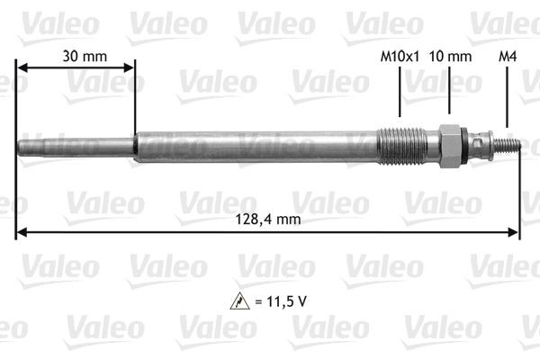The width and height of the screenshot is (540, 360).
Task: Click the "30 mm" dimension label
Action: click(x=85, y=56)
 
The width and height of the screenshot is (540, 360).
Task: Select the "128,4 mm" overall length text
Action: click(x=270, y=219)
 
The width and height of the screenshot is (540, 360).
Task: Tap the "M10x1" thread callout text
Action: click(x=400, y=56)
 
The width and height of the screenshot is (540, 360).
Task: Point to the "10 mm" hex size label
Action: click(x=450, y=56)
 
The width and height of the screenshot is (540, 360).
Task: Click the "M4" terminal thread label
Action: click(x=508, y=56)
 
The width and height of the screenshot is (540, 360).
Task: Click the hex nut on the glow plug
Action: click(x=450, y=145)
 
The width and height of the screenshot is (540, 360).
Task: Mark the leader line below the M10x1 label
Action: click(x=400, y=94)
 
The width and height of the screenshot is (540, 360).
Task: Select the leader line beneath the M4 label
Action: click(x=508, y=99)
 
